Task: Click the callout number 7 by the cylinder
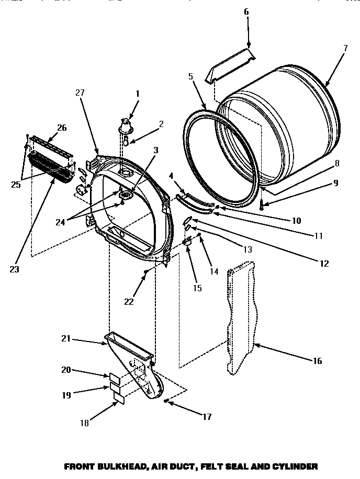coord(345,48)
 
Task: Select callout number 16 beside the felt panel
coord(318,361)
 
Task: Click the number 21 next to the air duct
coord(65,339)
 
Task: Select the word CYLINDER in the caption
coord(296,465)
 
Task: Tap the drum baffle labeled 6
coord(230,64)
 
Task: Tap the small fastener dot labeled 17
coord(165,401)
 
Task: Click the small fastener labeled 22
coord(147,271)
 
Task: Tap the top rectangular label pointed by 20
coord(114,378)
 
